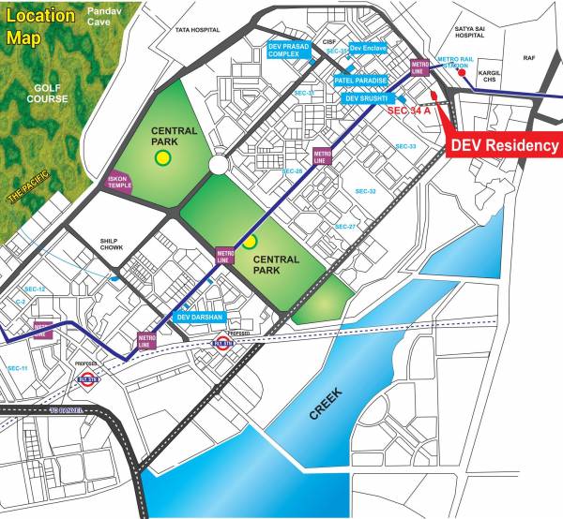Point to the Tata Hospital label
(195, 30)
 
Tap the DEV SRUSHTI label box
(367, 97)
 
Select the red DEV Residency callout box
(505, 145)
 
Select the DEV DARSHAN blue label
(199, 317)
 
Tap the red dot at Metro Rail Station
(435, 96)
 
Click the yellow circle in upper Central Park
(163, 158)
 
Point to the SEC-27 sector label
(346, 227)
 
